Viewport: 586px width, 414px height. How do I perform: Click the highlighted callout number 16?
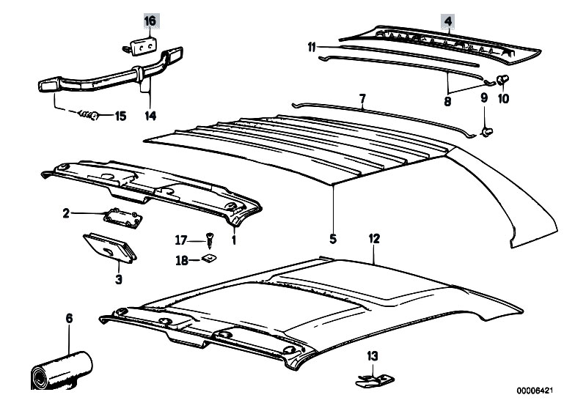[150, 21]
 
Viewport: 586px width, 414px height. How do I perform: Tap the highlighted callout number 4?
[447, 21]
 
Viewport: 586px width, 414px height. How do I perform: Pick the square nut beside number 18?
[209, 259]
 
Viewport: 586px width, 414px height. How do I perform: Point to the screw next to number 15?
[89, 115]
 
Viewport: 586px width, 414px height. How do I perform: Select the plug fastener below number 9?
[486, 131]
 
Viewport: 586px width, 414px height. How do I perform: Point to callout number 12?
[374, 240]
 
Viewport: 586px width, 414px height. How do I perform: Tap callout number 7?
[362, 97]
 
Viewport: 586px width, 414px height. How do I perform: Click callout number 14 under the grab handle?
[150, 115]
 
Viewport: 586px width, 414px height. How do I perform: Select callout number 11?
[312, 48]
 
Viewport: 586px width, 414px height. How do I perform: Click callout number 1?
[234, 240]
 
